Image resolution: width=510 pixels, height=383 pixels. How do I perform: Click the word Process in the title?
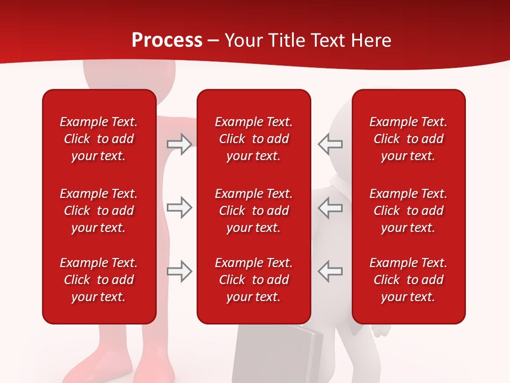167,40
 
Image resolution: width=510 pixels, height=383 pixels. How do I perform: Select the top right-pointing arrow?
179,144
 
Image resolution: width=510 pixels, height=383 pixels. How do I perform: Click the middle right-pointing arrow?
179,207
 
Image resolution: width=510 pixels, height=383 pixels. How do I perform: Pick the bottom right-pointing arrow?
179,271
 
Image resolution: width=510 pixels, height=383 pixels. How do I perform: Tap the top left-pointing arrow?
330,144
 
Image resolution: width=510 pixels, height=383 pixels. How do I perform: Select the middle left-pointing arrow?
330,207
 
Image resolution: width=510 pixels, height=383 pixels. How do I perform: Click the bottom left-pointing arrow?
330,271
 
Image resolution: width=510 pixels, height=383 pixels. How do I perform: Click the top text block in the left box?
99,139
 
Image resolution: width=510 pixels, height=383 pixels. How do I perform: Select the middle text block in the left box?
99,211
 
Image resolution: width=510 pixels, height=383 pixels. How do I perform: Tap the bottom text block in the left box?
99,280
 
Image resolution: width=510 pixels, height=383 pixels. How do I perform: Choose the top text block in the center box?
253,139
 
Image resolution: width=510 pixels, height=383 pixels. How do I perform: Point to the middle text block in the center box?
253,211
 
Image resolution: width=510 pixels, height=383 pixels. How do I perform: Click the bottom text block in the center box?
253,280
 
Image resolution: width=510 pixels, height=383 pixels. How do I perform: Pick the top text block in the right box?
408,139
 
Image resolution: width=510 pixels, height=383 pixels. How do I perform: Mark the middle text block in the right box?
408,211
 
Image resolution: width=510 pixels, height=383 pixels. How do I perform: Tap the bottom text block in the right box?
408,280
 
